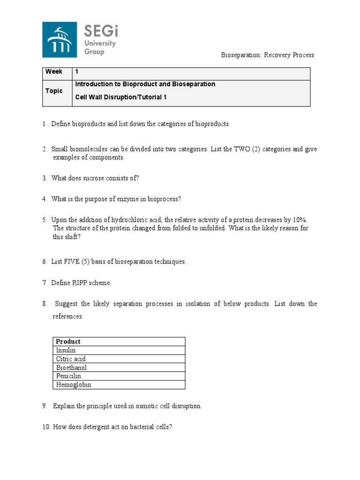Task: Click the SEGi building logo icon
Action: (60, 40)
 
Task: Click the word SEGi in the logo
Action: (101, 31)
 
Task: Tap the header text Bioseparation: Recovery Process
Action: (267, 55)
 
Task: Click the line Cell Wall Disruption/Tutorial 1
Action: (121, 97)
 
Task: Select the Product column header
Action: (68, 341)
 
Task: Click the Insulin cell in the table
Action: (66, 350)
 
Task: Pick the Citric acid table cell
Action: (71, 359)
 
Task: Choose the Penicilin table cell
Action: (68, 376)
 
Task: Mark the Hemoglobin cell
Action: (74, 385)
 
